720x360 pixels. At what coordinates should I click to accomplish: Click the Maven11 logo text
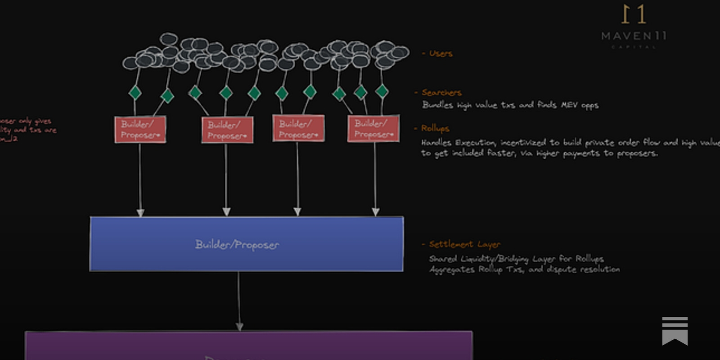(634, 36)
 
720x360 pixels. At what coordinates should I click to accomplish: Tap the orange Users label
(440, 54)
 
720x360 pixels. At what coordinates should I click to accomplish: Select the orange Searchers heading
(441, 93)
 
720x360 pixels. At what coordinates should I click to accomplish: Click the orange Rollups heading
(435, 128)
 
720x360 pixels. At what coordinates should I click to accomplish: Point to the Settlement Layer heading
(464, 244)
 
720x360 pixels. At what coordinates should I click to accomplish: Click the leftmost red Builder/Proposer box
(140, 130)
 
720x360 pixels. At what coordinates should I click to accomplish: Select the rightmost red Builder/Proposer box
(373, 129)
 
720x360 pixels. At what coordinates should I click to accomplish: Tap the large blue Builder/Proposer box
(246, 244)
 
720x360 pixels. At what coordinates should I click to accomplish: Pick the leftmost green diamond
(135, 93)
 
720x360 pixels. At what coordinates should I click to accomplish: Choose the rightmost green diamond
(382, 91)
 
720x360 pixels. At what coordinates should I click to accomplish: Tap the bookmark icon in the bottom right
(675, 331)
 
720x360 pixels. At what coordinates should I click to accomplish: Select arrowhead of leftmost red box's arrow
(140, 212)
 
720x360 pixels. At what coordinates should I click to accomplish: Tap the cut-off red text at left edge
(27, 130)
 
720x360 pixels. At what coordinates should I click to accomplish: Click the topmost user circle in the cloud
(169, 39)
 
